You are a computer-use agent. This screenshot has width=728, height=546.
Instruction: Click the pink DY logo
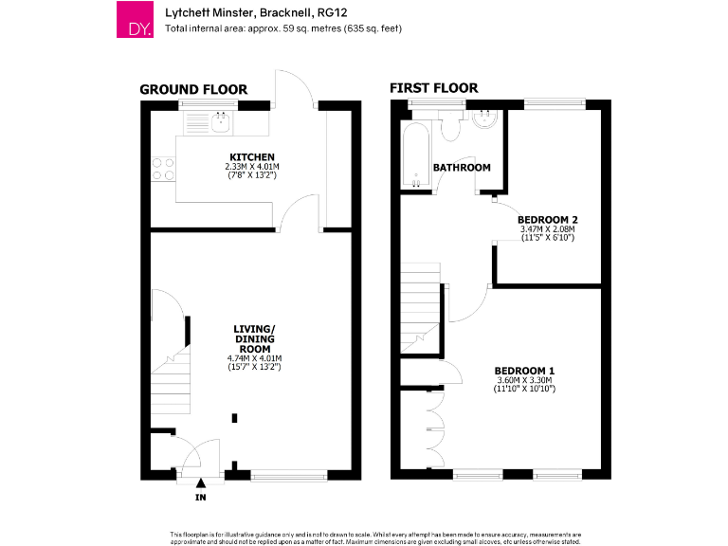pyautogui.click(x=135, y=19)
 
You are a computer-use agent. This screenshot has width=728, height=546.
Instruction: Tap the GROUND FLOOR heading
pyautogui.click(x=193, y=90)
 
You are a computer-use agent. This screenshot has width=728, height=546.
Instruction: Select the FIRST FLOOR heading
pyautogui.click(x=433, y=88)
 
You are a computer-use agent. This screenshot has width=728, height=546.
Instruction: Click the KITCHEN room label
pyautogui.click(x=252, y=157)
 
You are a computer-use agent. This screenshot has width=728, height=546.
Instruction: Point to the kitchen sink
pyautogui.click(x=220, y=122)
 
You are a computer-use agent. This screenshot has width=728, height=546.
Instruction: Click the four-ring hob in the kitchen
pyautogui.click(x=163, y=169)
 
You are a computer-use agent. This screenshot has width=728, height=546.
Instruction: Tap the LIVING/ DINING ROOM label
pyautogui.click(x=254, y=339)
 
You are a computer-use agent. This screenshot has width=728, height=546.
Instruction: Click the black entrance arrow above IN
pyautogui.click(x=201, y=482)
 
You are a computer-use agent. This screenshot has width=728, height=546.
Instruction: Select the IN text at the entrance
pyautogui.click(x=201, y=498)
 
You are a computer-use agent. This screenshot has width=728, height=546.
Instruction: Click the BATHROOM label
pyautogui.click(x=462, y=168)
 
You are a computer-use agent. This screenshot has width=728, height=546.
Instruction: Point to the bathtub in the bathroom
pyautogui.click(x=415, y=155)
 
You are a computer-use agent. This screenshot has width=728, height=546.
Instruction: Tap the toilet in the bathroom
pyautogui.click(x=450, y=125)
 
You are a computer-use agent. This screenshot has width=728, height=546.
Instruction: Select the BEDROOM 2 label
pyautogui.click(x=548, y=220)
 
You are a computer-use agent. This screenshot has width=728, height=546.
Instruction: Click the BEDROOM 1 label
pyautogui.click(x=524, y=371)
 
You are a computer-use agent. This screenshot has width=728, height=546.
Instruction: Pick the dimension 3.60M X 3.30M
pyautogui.click(x=524, y=380)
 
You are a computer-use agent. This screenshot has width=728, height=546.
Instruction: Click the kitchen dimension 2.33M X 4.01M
pyautogui.click(x=252, y=166)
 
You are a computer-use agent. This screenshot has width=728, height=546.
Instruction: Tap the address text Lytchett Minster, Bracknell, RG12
pyautogui.click(x=256, y=12)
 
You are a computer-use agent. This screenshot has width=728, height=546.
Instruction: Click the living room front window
pyautogui.click(x=289, y=476)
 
